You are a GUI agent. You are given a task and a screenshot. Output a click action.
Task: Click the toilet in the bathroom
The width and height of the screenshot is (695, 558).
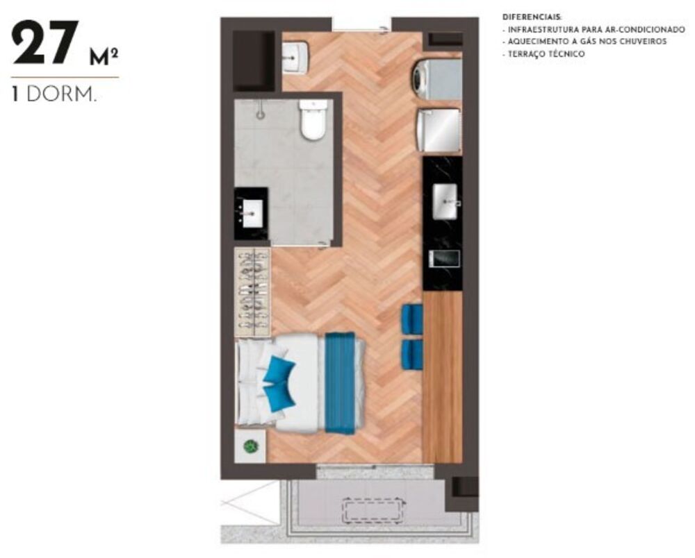(x=312, y=119)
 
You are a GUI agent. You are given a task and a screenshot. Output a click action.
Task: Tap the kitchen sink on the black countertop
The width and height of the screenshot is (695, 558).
(x=445, y=201)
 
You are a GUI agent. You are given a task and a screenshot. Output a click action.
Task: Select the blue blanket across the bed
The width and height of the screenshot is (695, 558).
(x=340, y=383)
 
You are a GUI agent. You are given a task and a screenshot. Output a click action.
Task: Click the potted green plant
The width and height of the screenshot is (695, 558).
(x=250, y=447)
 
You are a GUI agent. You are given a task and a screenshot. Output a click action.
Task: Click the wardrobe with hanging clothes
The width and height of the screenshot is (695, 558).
(x=252, y=292)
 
